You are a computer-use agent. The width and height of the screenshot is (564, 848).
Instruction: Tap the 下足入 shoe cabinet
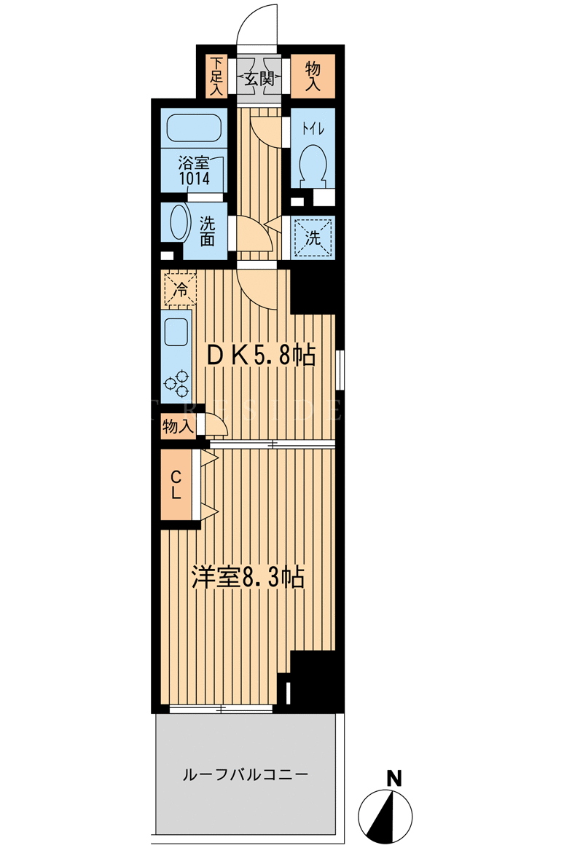click(x=217, y=76)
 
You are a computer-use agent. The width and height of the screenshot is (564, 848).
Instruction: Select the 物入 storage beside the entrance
click(x=313, y=76)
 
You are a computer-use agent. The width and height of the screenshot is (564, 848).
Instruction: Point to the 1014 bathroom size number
click(x=195, y=178)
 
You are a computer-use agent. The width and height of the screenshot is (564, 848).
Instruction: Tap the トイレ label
click(x=313, y=129)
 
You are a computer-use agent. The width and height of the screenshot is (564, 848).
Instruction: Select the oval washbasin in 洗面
click(x=178, y=222)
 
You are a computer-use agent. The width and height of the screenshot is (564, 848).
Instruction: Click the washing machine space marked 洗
click(x=313, y=237)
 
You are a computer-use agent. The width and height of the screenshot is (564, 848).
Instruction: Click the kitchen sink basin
click(x=176, y=331)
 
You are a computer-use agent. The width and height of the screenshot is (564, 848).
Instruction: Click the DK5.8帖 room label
click(x=262, y=356)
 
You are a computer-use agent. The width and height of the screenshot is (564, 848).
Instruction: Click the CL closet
click(x=176, y=484)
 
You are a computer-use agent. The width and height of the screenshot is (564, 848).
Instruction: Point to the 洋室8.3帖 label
click(x=248, y=578)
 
